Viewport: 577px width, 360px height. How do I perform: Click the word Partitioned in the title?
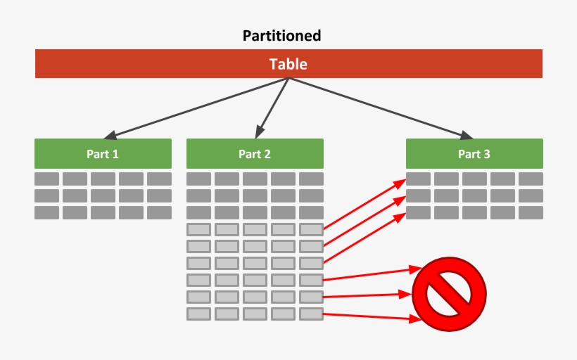pos(281,35)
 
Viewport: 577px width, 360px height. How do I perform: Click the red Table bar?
pos(288,64)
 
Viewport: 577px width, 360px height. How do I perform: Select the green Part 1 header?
pos(103,153)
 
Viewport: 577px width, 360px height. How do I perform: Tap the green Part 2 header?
pos(255,153)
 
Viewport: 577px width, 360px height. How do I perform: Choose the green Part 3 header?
pos(474,153)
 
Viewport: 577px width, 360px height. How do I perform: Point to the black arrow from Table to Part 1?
pos(197,108)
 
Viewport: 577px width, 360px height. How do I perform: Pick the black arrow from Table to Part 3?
pos(376,108)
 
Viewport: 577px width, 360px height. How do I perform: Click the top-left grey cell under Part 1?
pos(46,179)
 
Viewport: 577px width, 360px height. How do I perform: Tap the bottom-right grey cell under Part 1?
pos(159,212)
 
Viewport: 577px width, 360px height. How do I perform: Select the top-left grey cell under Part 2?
pos(198,179)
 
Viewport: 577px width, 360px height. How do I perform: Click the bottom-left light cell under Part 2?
pos(198,314)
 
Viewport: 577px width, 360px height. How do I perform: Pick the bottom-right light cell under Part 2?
pos(311,314)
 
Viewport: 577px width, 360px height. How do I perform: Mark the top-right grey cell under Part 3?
pos(531,179)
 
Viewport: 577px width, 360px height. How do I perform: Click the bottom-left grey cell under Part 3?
pos(418,212)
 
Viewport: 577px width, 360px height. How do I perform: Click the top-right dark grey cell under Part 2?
pos(311,179)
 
